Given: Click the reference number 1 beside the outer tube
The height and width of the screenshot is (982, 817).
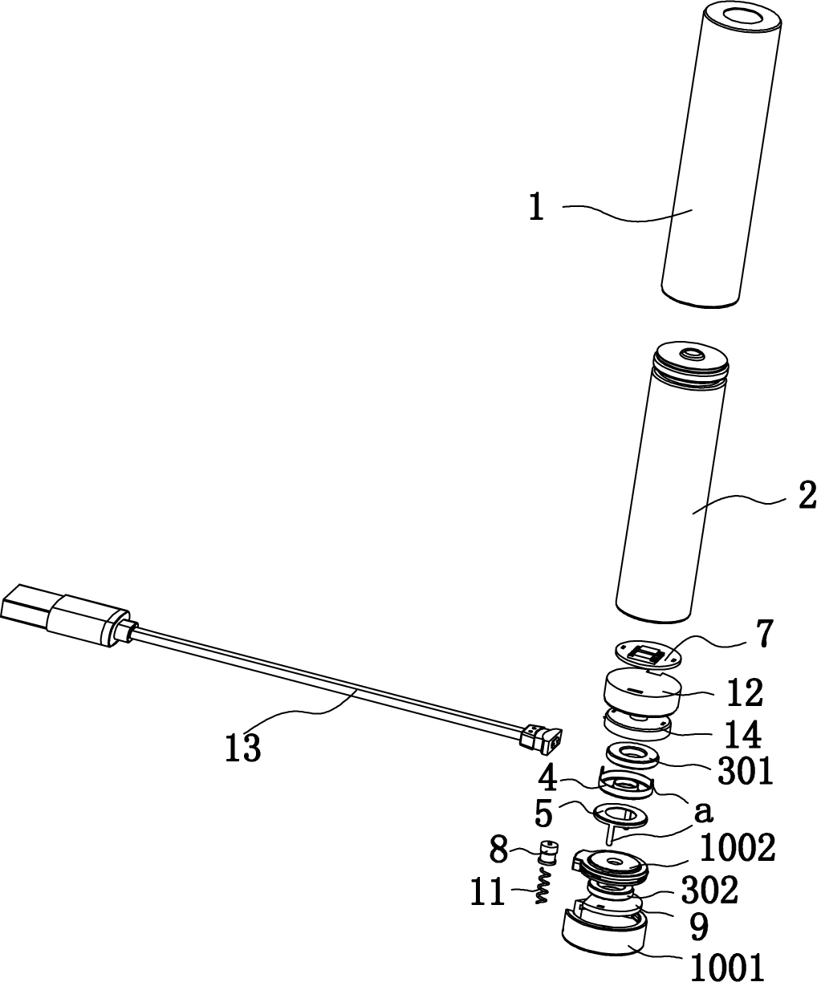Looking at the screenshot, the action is click(537, 207).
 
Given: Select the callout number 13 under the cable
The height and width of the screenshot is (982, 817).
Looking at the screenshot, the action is click(243, 747).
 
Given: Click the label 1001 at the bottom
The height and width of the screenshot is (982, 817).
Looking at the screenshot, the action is click(727, 967).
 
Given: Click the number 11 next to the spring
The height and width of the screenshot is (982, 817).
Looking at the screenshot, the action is click(488, 892).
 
